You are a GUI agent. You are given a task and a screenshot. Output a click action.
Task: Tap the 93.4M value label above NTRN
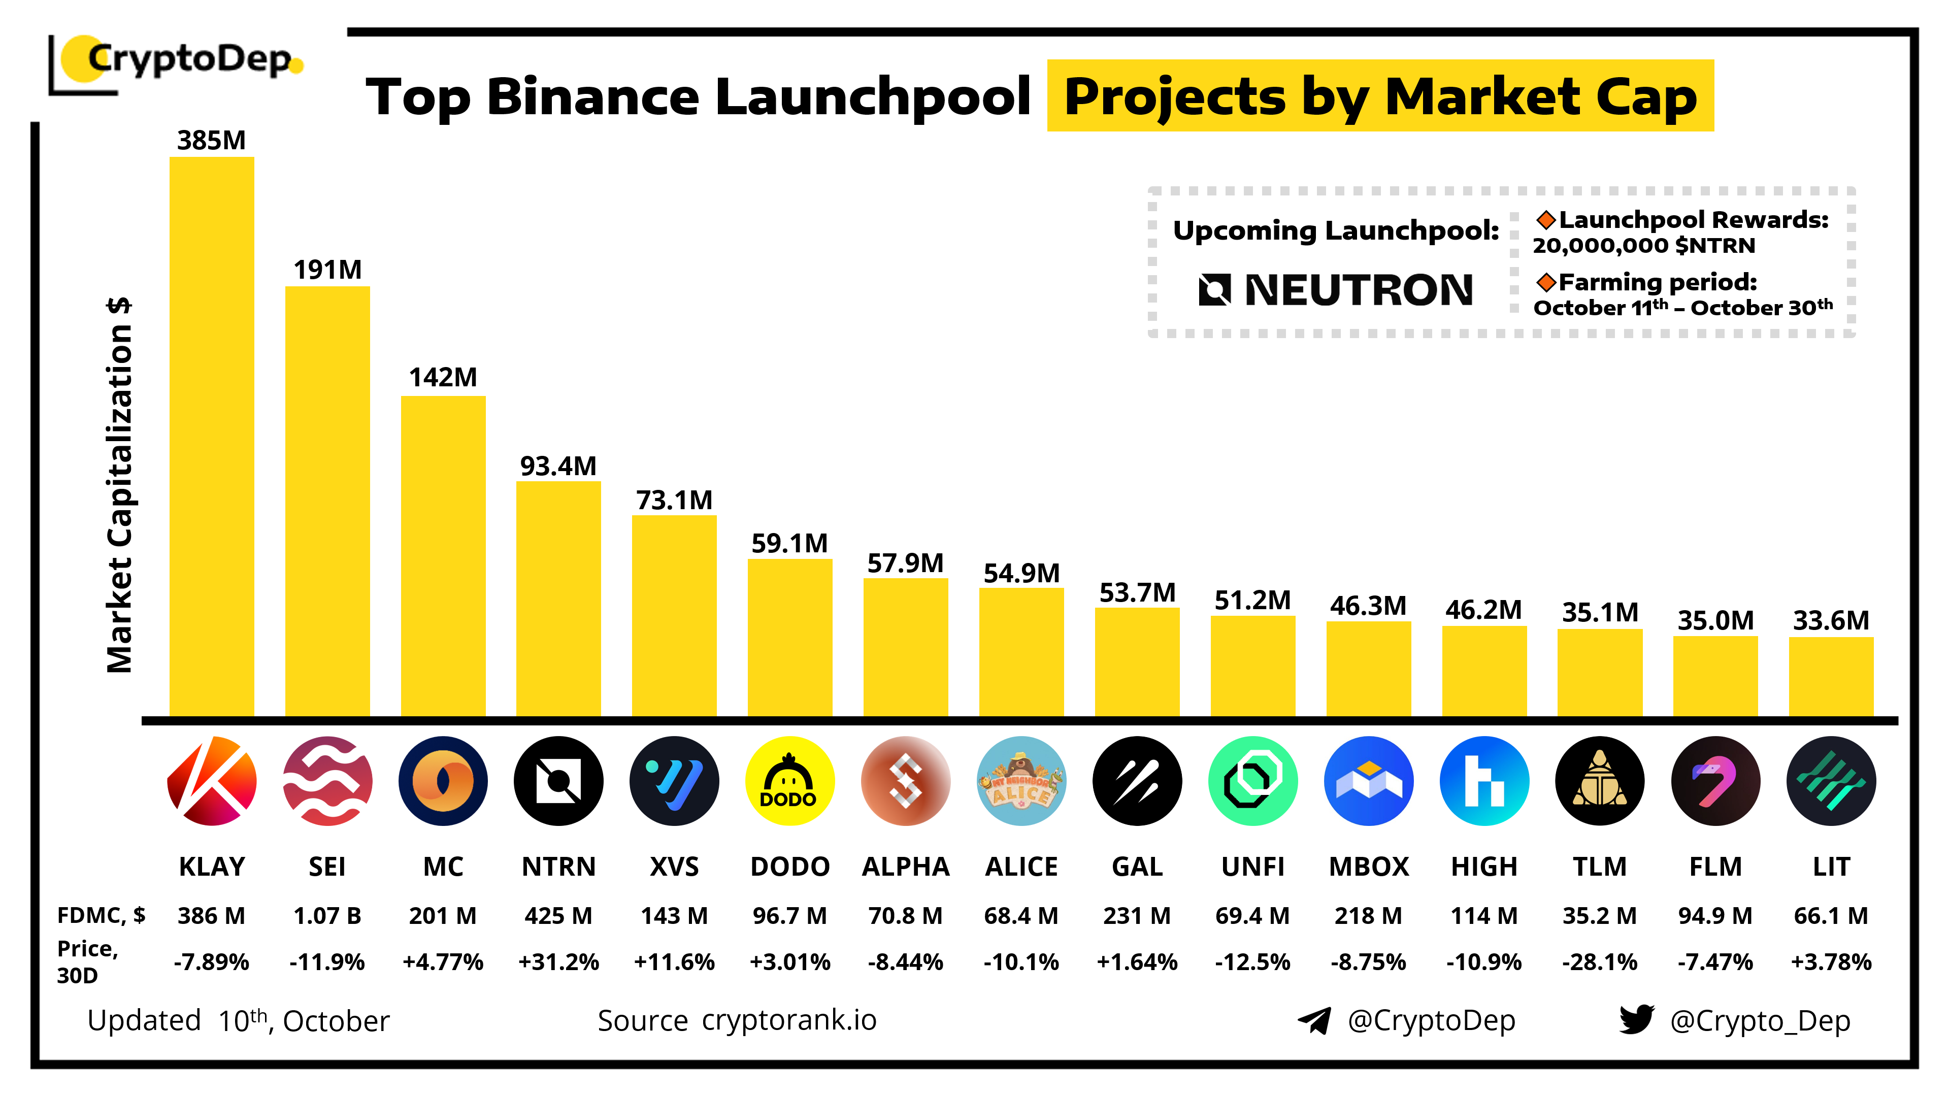tap(558, 466)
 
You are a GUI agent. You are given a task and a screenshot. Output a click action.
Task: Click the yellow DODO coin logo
tap(789, 781)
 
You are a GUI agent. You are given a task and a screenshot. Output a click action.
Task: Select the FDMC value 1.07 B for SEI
tap(327, 916)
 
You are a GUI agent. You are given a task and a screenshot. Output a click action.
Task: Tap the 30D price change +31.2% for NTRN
tap(558, 962)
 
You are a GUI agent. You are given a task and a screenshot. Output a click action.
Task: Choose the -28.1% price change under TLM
tap(1599, 962)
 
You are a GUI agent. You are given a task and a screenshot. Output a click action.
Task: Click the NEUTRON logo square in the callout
tap(1214, 290)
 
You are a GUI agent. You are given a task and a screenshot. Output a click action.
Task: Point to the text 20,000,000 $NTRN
tap(1643, 246)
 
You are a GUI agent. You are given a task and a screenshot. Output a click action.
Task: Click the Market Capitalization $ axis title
tap(119, 484)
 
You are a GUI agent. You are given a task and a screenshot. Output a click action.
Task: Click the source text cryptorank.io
tap(789, 1020)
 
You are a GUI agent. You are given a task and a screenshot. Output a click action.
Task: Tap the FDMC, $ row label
tap(101, 916)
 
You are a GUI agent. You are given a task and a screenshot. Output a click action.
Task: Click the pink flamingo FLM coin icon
tap(1714, 781)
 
